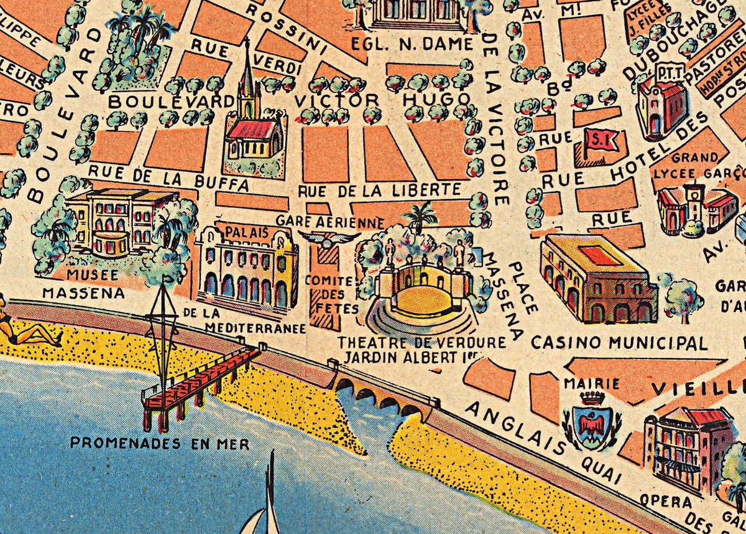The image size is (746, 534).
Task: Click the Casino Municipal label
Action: [x=619, y=343]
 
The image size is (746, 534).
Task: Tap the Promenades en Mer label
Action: [x=160, y=444]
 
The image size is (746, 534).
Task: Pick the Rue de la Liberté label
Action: [x=380, y=190]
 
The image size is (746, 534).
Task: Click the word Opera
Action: [x=657, y=500]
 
